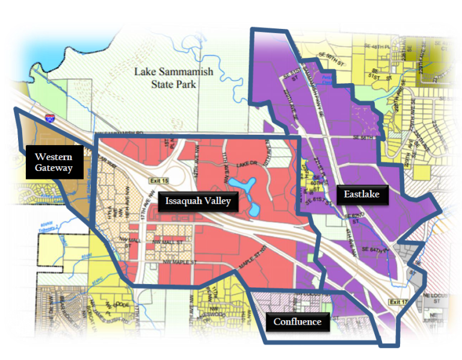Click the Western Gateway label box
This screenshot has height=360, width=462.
click(54, 162)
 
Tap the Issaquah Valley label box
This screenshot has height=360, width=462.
click(198, 201)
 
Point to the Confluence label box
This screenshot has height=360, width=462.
click(297, 321)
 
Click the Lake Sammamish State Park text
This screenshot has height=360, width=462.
click(173, 78)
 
